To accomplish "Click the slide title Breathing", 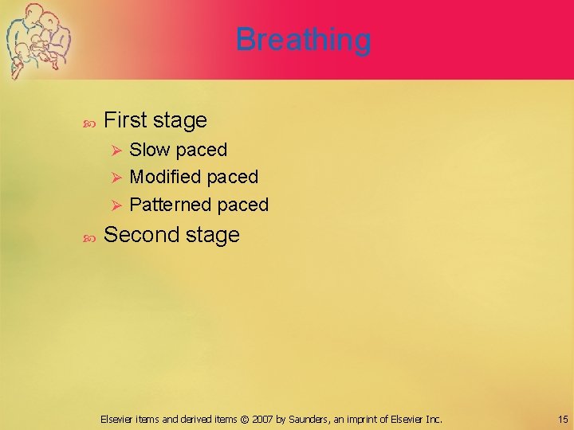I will (303, 39).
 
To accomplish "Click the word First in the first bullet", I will (125, 120).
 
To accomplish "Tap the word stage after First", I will (179, 121).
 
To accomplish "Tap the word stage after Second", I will (211, 236).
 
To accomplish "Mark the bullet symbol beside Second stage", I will (88, 236).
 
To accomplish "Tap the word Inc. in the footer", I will (433, 419).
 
